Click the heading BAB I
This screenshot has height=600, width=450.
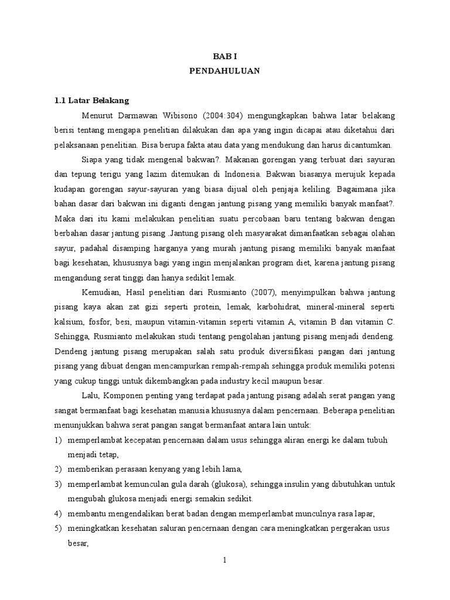coord(224,56)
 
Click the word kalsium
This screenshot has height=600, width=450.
coord(67,322)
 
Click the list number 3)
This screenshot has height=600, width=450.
coord(58,484)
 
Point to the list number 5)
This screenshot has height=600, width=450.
coord(58,528)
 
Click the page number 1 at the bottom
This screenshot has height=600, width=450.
coord(224,561)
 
